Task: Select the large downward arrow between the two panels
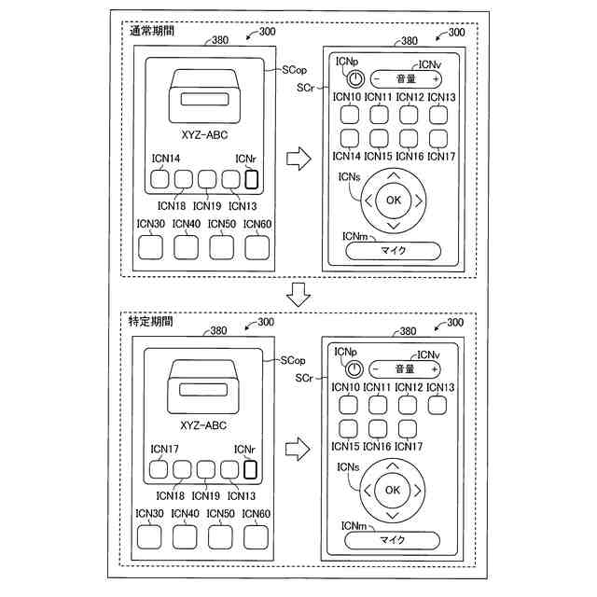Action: (298, 296)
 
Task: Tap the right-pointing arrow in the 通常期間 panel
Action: (298, 160)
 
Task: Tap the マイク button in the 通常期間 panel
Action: (395, 250)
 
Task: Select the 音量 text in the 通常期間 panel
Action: (404, 79)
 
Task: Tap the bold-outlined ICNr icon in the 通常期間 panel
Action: (250, 178)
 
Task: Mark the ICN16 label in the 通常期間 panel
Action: (410, 157)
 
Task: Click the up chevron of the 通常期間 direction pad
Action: (393, 175)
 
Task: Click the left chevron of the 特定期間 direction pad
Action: (368, 490)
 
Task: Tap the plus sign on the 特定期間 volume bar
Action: (435, 368)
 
